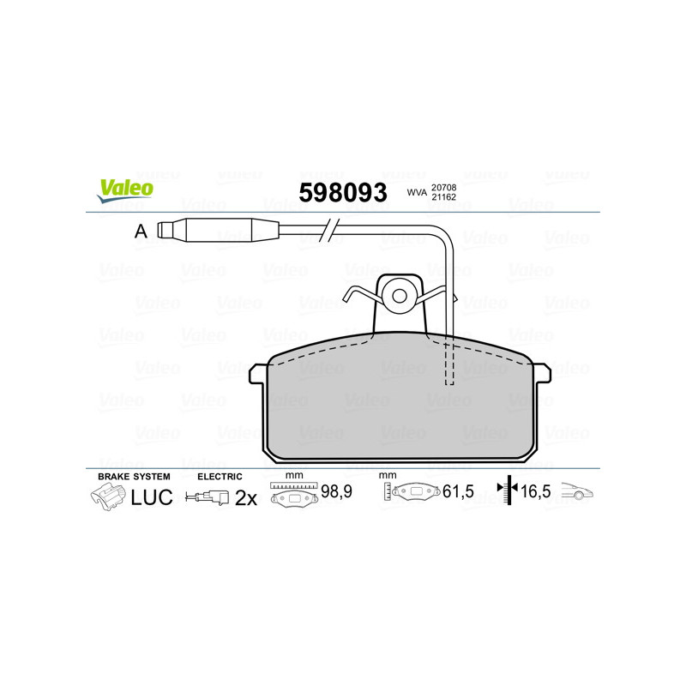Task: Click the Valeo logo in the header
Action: (x=125, y=190)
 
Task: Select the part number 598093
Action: (x=343, y=192)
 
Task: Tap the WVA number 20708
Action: (x=443, y=188)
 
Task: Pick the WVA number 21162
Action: (x=443, y=197)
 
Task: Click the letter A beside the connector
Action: (x=141, y=231)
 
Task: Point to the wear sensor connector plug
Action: (x=218, y=230)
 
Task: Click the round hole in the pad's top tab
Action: (x=399, y=296)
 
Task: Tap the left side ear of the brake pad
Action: (x=258, y=374)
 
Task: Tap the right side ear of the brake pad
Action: (x=542, y=373)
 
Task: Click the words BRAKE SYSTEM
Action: (x=134, y=477)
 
